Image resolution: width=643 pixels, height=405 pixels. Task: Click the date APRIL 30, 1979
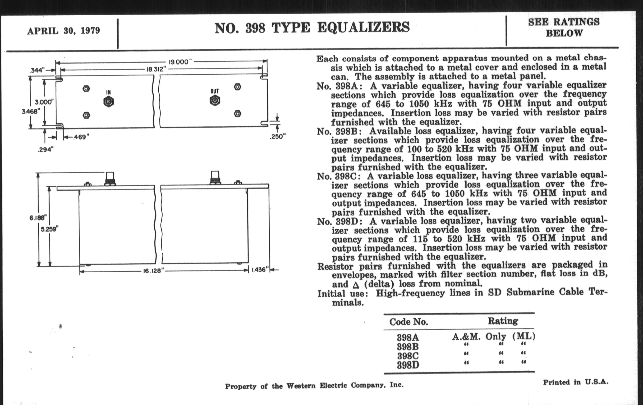(63, 31)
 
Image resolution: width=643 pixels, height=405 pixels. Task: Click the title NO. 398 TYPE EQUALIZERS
(312, 28)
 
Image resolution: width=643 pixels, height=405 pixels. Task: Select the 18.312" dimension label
(156, 69)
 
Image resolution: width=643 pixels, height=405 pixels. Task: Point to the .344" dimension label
(36, 70)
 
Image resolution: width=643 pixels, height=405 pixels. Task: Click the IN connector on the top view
(108, 102)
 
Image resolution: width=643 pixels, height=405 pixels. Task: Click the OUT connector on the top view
(215, 101)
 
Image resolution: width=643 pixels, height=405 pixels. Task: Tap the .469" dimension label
(80, 137)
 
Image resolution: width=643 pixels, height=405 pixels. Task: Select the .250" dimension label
(278, 137)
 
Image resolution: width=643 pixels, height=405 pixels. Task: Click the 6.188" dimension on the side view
(38, 218)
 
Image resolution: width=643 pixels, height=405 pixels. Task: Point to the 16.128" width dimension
(152, 271)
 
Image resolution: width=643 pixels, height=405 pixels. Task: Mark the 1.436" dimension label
(260, 270)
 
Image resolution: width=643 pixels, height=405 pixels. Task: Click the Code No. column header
(408, 322)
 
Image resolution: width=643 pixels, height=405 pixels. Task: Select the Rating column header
(503, 321)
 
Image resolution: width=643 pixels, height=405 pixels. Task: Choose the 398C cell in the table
(408, 356)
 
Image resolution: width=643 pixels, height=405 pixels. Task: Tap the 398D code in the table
(408, 365)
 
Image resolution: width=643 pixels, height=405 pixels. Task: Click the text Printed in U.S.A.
(575, 382)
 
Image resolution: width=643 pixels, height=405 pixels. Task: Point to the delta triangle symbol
(355, 285)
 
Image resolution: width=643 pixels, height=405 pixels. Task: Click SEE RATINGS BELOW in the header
(564, 28)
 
